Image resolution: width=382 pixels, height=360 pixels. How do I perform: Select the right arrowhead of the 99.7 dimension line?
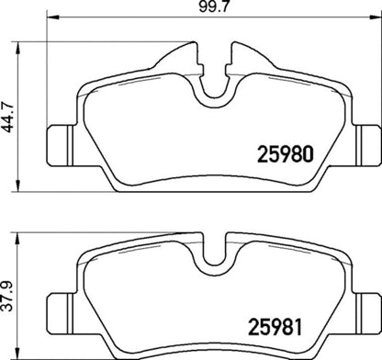[x=377, y=18]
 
